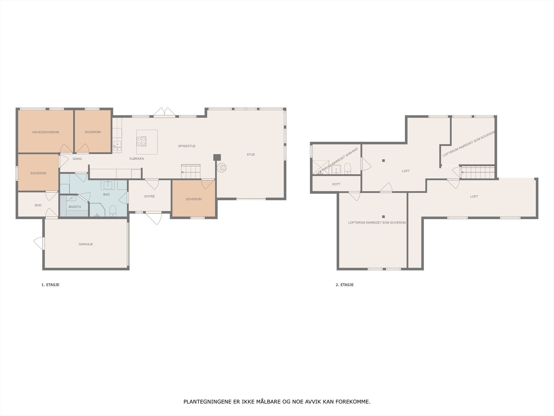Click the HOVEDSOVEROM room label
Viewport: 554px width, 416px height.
click(46, 132)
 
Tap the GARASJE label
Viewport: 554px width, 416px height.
click(86, 244)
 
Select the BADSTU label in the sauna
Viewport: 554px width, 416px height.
click(75, 207)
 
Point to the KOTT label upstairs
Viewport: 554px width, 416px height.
click(337, 184)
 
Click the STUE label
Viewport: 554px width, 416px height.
click(251, 155)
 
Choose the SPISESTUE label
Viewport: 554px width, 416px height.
click(187, 146)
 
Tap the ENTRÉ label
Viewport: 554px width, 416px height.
click(150, 196)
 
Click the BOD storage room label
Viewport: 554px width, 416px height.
click(38, 205)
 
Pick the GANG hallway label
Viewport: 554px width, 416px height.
click(77, 159)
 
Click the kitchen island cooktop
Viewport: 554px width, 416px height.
click(141, 141)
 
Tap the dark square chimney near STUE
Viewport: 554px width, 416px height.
click(217, 157)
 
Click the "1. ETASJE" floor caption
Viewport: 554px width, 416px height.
click(51, 285)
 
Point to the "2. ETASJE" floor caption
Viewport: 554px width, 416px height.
click(345, 285)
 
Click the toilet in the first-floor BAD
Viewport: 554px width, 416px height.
click(113, 211)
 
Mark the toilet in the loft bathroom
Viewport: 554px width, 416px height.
click(348, 168)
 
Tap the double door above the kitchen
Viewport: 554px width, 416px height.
click(164, 112)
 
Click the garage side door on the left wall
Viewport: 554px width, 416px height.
click(39, 243)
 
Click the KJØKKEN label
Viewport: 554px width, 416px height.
click(137, 159)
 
